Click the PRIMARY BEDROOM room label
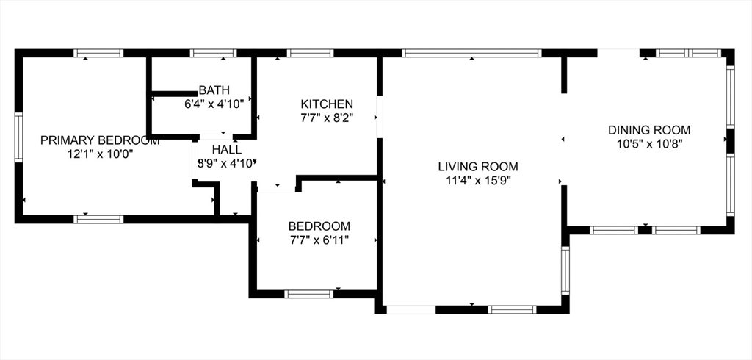pos(100,140)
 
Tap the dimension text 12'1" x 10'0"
pos(100,154)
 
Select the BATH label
pos(214,90)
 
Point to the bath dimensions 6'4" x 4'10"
pos(214,103)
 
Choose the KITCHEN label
pos(327,104)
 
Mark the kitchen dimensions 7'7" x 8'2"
pos(327,118)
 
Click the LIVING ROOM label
pos(478,167)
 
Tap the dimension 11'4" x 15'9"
pos(478,181)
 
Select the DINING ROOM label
pos(649,129)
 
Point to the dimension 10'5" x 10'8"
pos(649,143)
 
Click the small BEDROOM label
pos(319,226)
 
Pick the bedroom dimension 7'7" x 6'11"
pos(319,240)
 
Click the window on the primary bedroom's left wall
pos(18,137)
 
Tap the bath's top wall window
pos(214,53)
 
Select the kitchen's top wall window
pos(311,53)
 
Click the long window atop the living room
pos(471,53)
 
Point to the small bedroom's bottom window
pos(309,294)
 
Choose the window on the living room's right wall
pos(565,270)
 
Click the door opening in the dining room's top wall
pos(618,53)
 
